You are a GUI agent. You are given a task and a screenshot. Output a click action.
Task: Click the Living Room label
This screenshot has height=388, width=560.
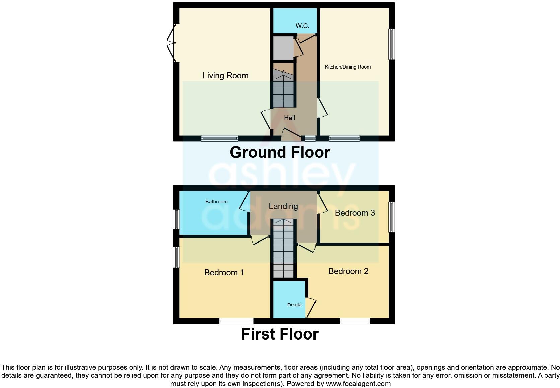[x=225, y=76]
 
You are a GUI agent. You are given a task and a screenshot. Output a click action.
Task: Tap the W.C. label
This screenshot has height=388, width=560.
[x=302, y=26]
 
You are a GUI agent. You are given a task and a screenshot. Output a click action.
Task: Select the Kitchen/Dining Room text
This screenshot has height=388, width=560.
[x=348, y=67]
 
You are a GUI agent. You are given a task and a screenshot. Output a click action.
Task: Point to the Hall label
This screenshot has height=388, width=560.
[x=289, y=118]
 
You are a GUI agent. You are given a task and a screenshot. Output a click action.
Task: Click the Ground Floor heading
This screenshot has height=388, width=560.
[x=280, y=152]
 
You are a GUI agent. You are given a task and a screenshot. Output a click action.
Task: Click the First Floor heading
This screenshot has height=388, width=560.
[x=280, y=334]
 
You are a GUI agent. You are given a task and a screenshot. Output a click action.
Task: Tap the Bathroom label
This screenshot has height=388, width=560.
[x=216, y=202]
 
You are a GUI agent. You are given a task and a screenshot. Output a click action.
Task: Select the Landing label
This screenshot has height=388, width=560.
[x=283, y=206]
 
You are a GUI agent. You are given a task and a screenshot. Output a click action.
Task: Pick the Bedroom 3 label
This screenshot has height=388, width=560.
[x=355, y=213]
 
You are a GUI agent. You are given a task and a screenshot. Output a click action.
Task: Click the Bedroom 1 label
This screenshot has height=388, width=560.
[x=224, y=273]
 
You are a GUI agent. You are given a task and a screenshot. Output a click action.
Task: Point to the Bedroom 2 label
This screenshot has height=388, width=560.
[x=348, y=271]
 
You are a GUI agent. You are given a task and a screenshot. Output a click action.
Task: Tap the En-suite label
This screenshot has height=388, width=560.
[x=294, y=305]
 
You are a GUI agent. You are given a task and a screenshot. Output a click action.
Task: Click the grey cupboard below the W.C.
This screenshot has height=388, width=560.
[x=283, y=47]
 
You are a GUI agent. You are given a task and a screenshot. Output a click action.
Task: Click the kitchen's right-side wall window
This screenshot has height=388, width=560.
[x=391, y=44]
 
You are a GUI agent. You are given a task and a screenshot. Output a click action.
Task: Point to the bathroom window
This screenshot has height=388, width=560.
[x=176, y=219]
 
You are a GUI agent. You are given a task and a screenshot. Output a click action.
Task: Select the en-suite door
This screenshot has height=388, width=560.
[x=311, y=307]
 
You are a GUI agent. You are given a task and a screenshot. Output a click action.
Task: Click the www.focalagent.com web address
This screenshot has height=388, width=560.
[x=358, y=384]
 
